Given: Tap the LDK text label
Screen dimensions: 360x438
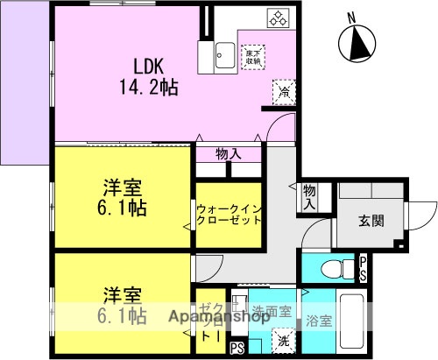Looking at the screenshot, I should [151, 65].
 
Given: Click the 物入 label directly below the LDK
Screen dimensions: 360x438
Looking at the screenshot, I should [230, 154].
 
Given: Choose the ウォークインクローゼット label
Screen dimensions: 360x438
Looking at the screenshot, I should [230, 215].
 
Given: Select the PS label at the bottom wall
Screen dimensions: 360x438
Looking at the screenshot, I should [236, 349].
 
